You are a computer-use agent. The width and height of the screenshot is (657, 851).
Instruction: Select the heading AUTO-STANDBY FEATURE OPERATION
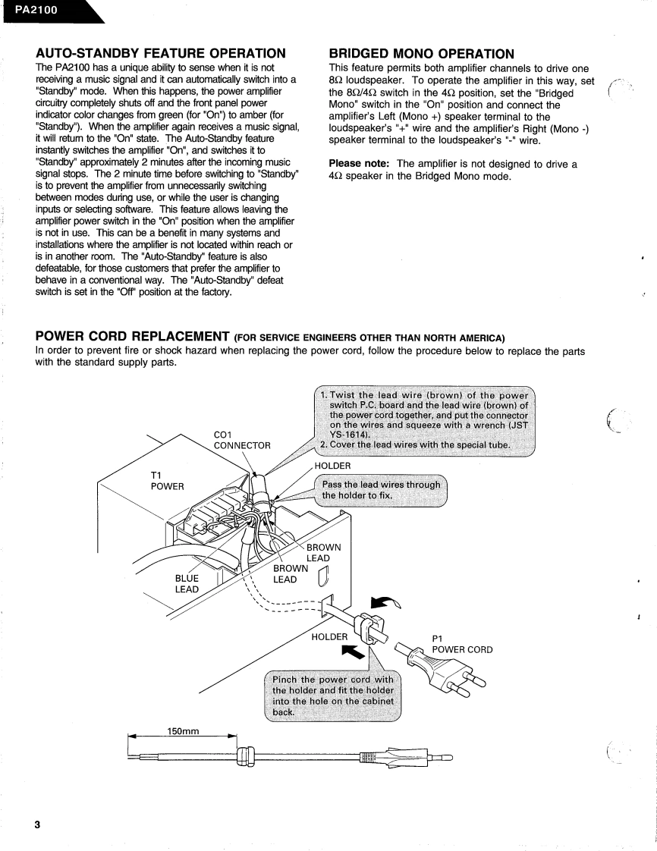tap(160, 53)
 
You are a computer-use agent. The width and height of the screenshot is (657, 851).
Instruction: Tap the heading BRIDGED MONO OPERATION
tap(422, 53)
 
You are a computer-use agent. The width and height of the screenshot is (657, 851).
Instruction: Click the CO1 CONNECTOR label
tap(242, 440)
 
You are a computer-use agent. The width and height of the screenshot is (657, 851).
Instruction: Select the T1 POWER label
tap(168, 479)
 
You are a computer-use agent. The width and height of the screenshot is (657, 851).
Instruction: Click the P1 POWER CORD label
tap(462, 644)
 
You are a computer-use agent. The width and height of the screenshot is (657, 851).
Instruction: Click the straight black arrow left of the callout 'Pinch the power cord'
tap(352, 652)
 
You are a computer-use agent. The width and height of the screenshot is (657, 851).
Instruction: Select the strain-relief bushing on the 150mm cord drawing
tap(244, 756)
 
